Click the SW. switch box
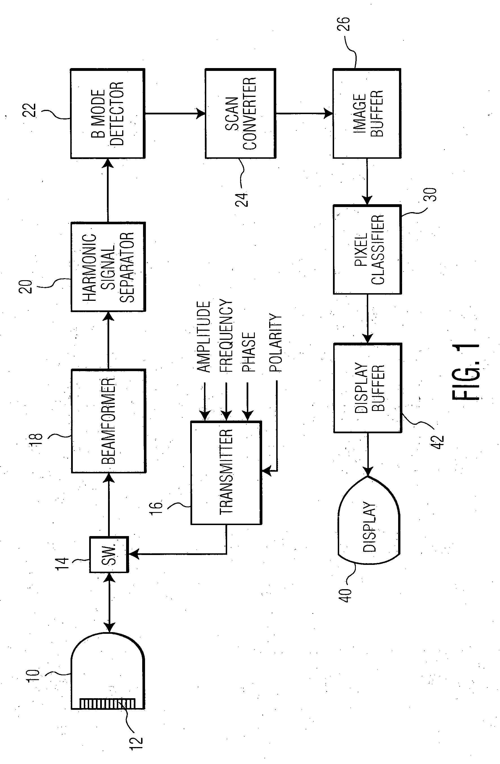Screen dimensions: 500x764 coord(109,554)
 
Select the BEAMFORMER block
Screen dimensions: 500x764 coord(108,421)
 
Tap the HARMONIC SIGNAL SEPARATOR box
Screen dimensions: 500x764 coord(108,267)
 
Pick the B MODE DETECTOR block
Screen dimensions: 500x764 coord(108,113)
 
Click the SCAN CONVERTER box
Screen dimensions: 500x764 coord(240,113)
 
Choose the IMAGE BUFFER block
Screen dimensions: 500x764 coord(367,113)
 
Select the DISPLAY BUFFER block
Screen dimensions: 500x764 coord(368,388)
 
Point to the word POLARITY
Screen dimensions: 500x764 coord(275,343)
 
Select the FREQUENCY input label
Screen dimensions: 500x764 coord(226,336)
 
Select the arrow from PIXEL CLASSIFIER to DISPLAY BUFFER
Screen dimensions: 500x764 coord(368,319)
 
